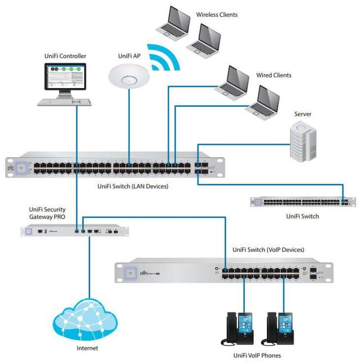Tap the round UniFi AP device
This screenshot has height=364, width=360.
coord(129,75)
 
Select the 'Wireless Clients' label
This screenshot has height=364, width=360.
coord(217,14)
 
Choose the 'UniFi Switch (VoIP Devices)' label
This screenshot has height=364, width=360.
coord(268,249)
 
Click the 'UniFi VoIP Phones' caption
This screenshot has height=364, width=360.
coord(257,355)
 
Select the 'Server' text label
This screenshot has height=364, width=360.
coord(303,114)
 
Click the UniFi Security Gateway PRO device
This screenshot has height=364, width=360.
coord(73,230)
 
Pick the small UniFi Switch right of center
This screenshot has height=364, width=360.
coord(303,202)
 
